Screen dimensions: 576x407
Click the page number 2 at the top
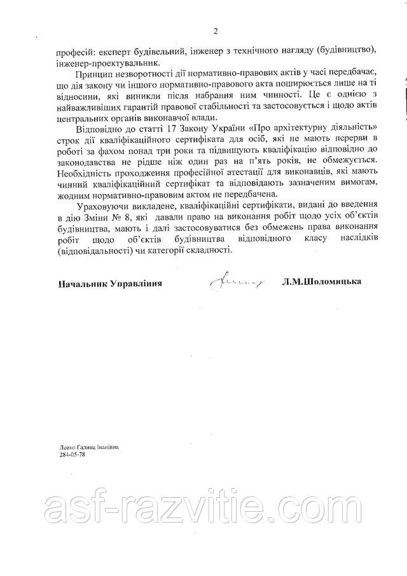(x=216, y=31)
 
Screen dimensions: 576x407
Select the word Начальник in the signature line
(x=82, y=283)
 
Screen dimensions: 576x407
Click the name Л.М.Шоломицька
(x=324, y=281)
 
